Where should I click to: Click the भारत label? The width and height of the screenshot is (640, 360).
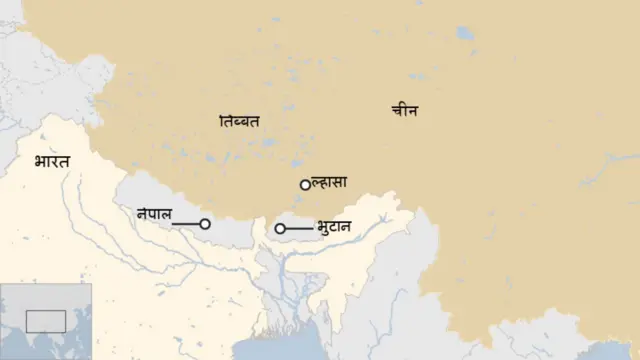pyautogui.click(x=51, y=160)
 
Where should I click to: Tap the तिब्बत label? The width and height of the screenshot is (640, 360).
pyautogui.click(x=239, y=121)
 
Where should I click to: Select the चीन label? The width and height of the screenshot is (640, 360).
pyautogui.click(x=404, y=111)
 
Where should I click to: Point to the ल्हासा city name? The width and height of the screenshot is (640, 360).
pyautogui.click(x=329, y=182)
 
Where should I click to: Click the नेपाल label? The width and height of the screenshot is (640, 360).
pyautogui.click(x=154, y=213)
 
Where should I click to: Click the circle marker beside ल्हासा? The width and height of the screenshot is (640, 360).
pyautogui.click(x=305, y=185)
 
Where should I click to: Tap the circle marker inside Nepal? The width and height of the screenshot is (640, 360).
pyautogui.click(x=205, y=224)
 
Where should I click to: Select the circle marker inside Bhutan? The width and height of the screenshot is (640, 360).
pyautogui.click(x=280, y=229)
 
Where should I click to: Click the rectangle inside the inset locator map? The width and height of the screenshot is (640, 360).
pyautogui.click(x=45, y=321)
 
